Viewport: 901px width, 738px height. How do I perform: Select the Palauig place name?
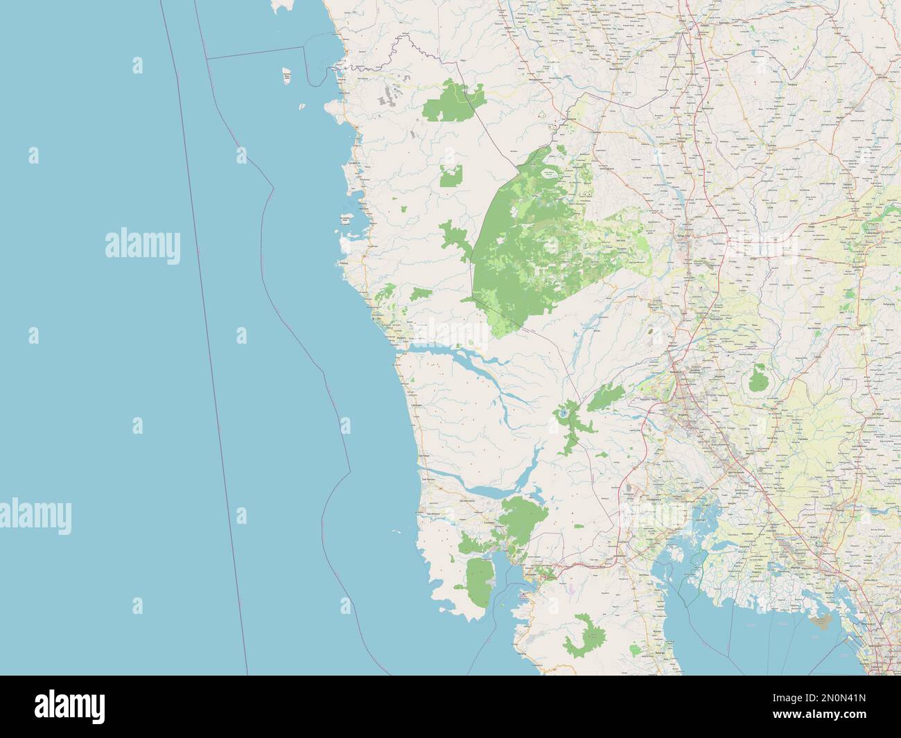tap(343, 263)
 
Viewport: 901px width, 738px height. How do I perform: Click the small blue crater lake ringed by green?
tap(563, 414)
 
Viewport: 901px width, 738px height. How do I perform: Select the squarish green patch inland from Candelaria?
tap(452, 176)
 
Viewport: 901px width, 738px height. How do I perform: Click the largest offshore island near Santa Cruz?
tap(286, 76)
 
